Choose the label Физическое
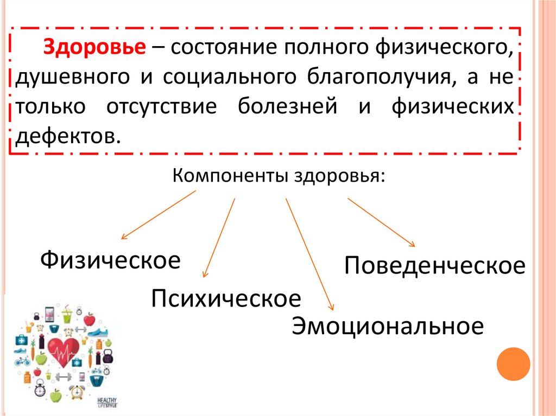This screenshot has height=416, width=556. (110, 260)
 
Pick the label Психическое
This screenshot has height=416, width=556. (226, 299)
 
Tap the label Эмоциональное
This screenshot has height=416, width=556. (387, 326)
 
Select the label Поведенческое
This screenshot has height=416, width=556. (434, 266)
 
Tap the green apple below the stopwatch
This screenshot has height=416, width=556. (55, 396)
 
